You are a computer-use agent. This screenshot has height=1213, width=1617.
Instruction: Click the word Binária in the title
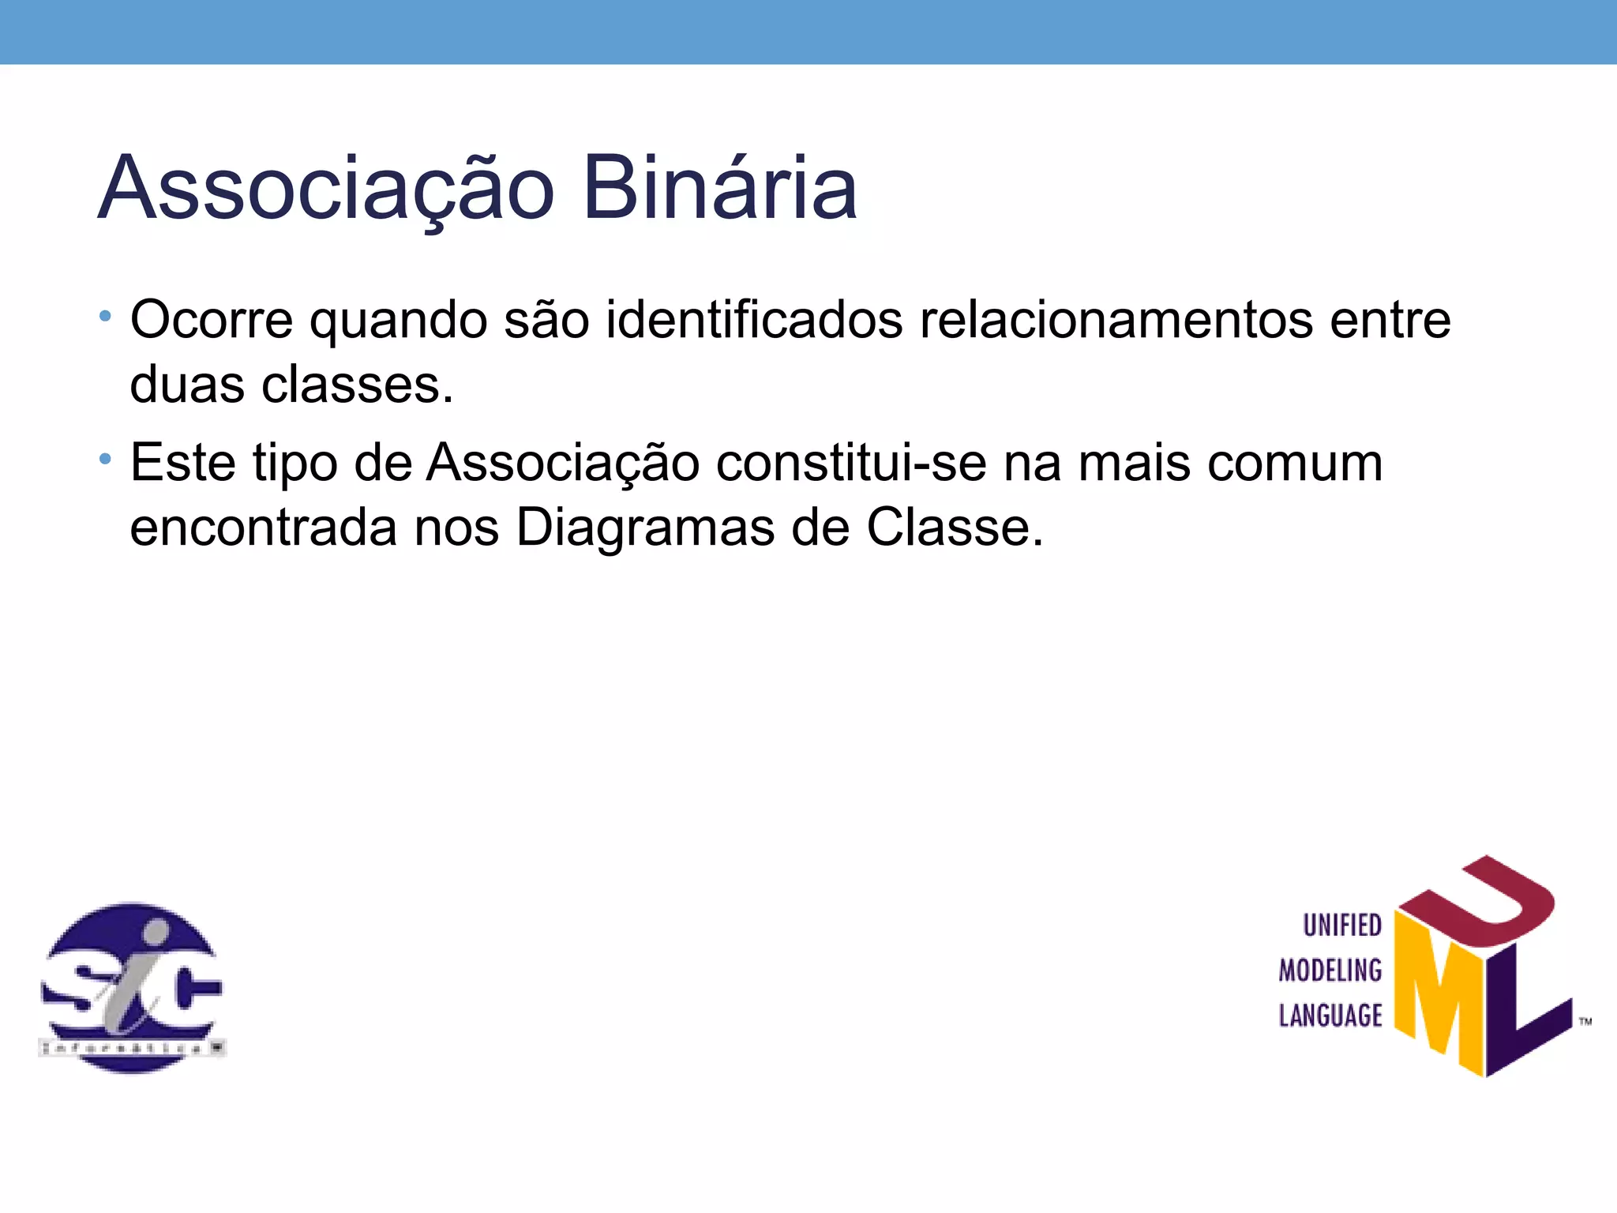click(x=719, y=188)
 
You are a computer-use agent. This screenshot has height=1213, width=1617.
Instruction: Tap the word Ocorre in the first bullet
click(x=211, y=320)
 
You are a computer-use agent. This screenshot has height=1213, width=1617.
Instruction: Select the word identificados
click(x=754, y=320)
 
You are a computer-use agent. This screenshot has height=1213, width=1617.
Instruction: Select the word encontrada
click(x=264, y=528)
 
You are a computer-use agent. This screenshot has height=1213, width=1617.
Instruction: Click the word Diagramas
click(x=645, y=528)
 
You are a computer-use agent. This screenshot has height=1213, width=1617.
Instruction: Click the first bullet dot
click(x=105, y=317)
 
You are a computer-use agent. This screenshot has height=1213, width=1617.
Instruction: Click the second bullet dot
click(x=105, y=459)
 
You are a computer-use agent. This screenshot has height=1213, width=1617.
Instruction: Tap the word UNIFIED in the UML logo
click(x=1341, y=926)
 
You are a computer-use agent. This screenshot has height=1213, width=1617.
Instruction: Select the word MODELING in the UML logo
click(x=1330, y=971)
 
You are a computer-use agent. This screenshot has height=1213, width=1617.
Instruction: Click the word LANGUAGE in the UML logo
click(x=1330, y=1016)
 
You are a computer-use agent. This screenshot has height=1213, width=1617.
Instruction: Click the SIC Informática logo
click(x=132, y=987)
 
